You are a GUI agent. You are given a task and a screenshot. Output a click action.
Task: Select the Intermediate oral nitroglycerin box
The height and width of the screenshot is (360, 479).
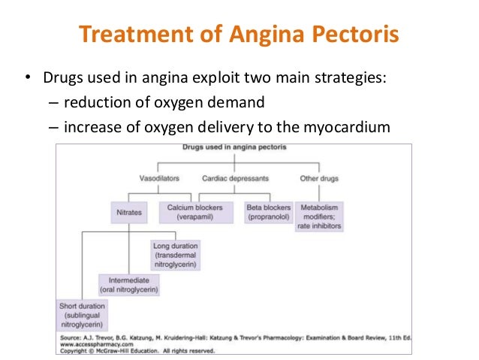coord(129,284)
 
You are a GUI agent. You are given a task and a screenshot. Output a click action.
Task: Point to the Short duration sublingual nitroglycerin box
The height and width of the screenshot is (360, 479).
coord(81,316)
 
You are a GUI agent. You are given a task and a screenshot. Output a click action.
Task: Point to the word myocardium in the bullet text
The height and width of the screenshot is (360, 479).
coord(350,127)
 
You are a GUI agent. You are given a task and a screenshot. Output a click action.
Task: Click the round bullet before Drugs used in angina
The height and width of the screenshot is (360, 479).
coord(27,78)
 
